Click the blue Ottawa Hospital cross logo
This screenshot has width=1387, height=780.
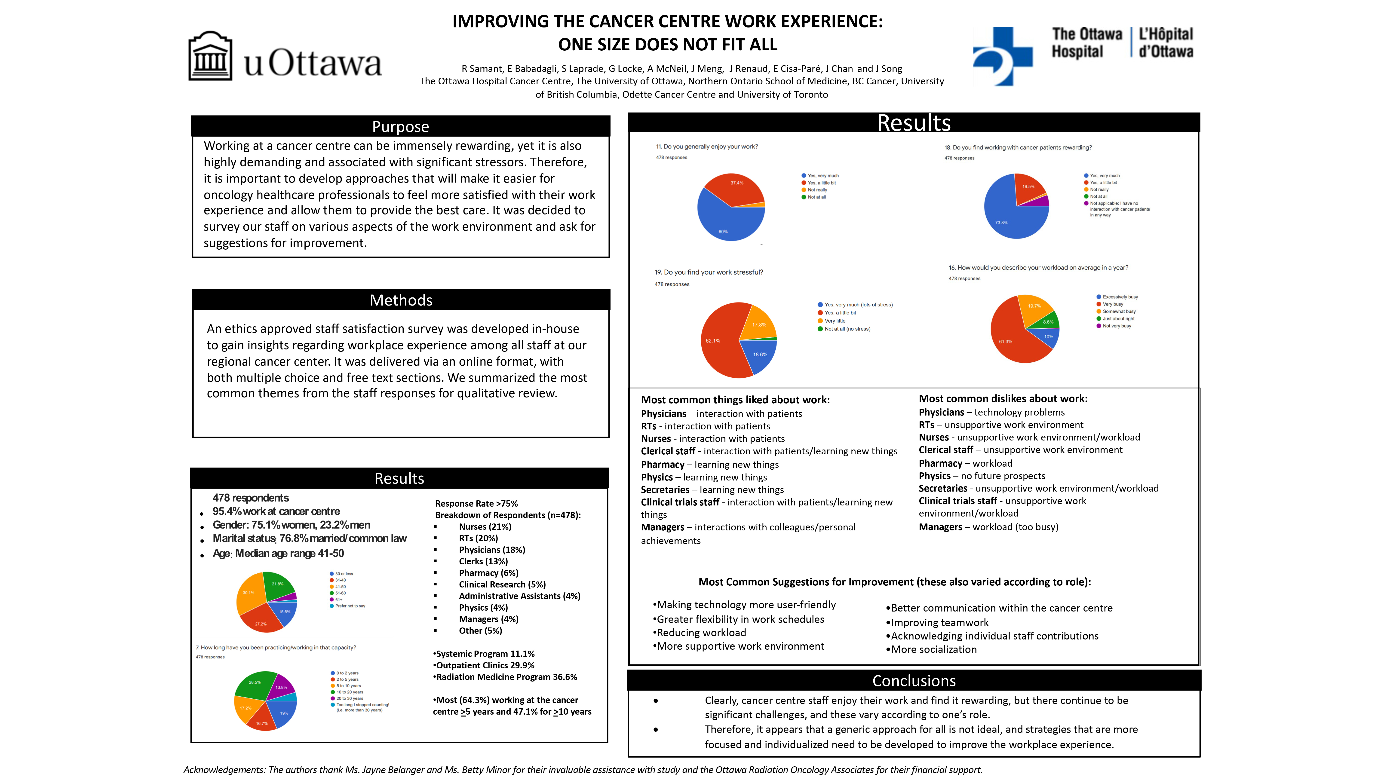[1003, 56]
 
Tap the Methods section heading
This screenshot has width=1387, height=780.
[401, 300]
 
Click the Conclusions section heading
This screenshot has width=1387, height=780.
[914, 681]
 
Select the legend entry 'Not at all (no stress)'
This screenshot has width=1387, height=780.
[847, 329]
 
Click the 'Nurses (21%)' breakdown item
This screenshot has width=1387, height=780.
[485, 526]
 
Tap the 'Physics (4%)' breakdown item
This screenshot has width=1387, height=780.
[483, 607]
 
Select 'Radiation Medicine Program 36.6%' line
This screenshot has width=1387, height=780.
[506, 677]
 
